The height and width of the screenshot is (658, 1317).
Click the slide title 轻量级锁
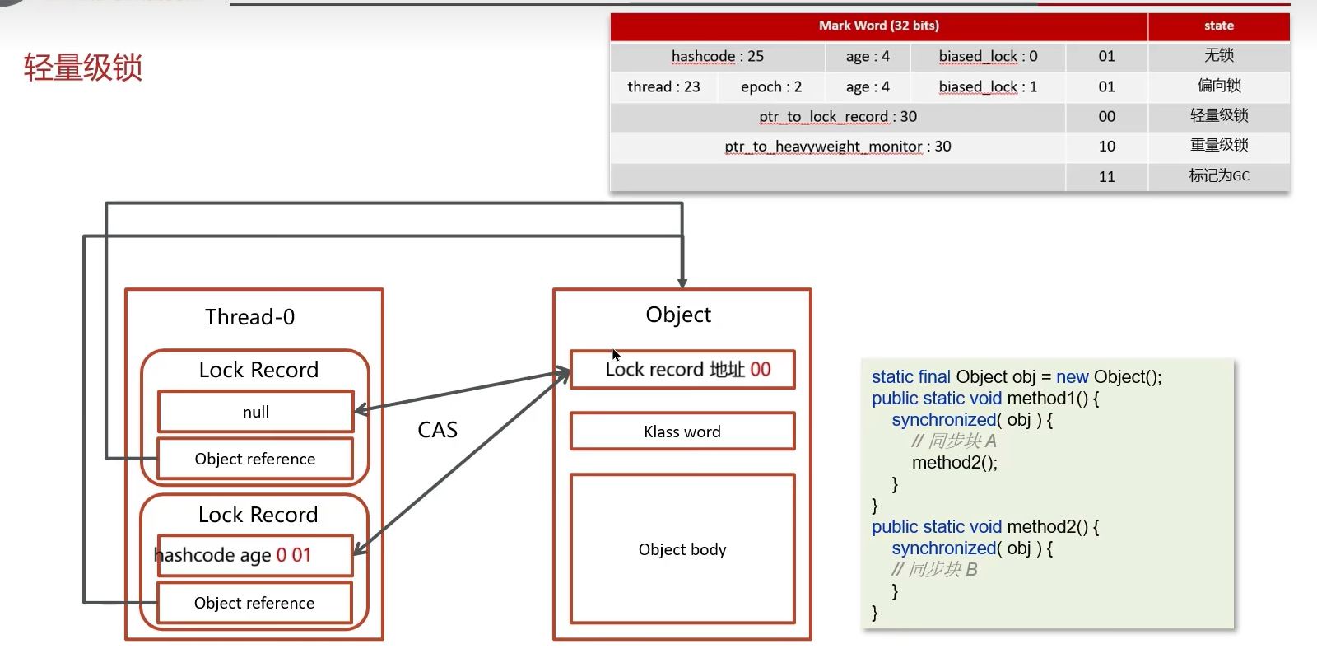(83, 68)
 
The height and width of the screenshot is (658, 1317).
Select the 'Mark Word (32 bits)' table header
(878, 26)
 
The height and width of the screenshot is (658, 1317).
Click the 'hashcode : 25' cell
(717, 56)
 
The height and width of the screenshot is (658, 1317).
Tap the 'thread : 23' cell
(663, 86)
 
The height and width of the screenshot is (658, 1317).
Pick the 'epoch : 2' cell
(770, 86)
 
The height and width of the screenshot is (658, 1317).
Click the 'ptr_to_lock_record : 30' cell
(837, 116)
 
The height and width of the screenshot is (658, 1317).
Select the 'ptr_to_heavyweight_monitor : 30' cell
(837, 146)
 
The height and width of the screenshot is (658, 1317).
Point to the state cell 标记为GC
(1218, 175)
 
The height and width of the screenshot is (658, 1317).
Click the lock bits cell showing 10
(1106, 146)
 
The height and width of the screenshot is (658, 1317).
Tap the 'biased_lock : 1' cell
(987, 86)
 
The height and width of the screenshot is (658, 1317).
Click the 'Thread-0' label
(249, 317)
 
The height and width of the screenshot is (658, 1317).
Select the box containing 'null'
(255, 412)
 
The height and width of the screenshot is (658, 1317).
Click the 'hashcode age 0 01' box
(254, 555)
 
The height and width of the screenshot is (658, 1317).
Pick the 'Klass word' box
(682, 432)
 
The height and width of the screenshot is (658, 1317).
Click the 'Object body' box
(682, 549)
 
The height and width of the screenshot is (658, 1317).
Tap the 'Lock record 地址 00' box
(682, 370)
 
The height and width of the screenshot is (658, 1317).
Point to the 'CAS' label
(437, 430)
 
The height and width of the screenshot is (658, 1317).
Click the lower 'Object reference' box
(254, 603)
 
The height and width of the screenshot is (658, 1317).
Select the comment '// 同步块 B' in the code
(934, 569)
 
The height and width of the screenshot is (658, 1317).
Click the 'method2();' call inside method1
(954, 463)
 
